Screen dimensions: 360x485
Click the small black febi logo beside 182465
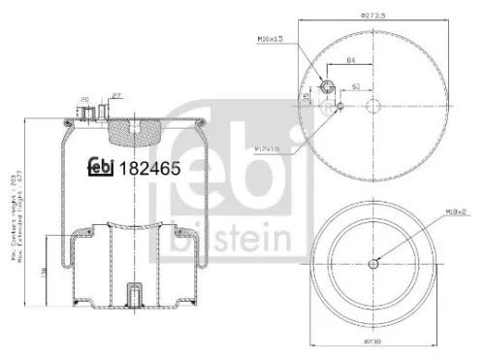101,166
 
